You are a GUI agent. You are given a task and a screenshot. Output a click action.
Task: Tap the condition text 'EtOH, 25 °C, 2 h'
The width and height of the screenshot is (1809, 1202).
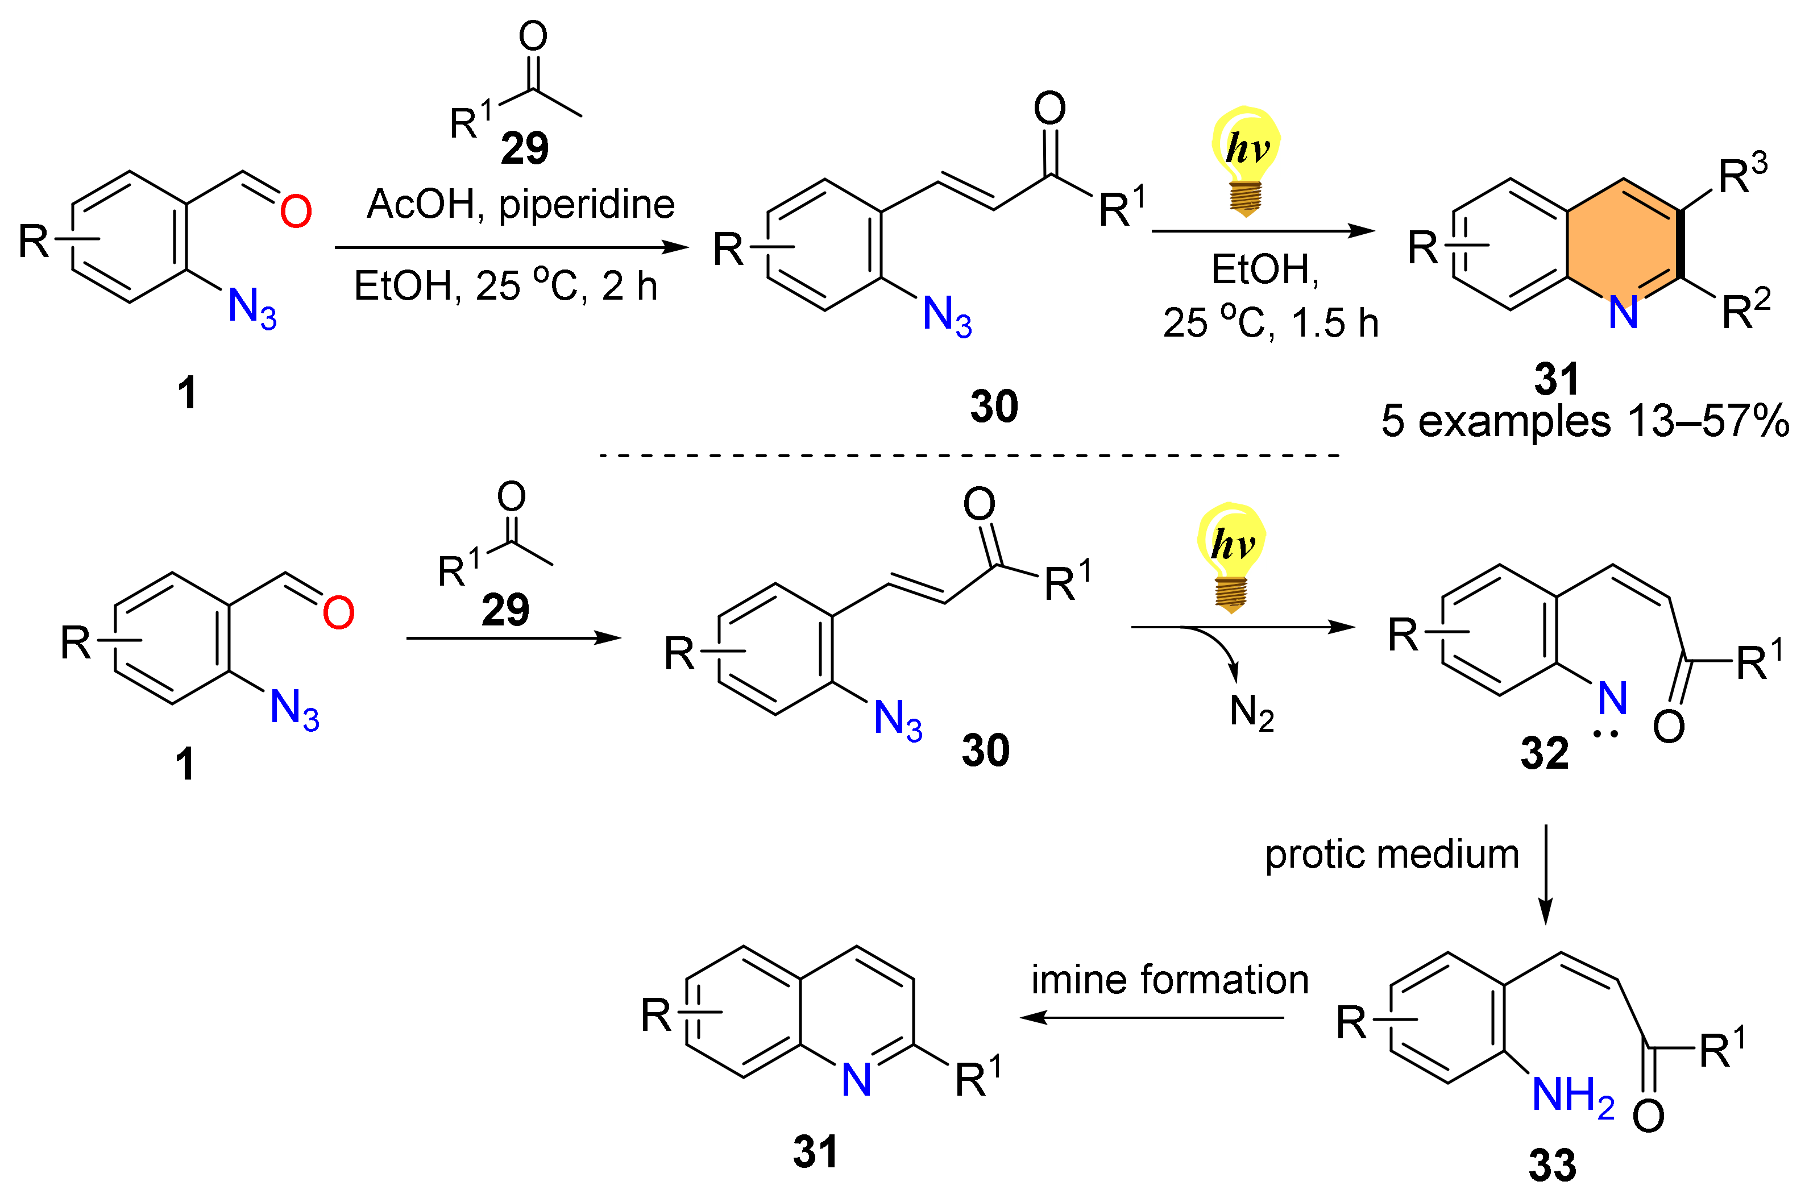[x=505, y=286]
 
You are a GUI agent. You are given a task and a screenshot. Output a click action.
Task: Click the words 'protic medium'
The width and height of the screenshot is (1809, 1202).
[x=1391, y=854]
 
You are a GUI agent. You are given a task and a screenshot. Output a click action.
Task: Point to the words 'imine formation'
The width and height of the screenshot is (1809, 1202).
[x=1169, y=980]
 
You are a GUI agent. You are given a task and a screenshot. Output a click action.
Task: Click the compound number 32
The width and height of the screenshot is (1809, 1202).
[x=1545, y=753]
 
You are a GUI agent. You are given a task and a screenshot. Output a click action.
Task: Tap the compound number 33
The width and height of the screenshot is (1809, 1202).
[x=1552, y=1165]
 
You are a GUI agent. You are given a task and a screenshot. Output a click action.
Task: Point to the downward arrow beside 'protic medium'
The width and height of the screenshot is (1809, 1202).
[x=1545, y=874]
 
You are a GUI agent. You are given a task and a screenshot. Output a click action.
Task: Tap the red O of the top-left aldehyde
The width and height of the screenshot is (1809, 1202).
[x=295, y=212]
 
